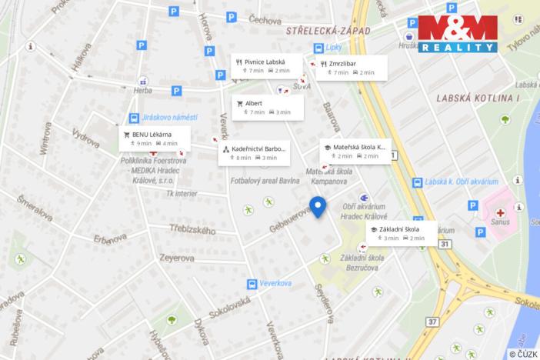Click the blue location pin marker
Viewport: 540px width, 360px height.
[318, 206]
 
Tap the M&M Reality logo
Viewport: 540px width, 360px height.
[458, 34]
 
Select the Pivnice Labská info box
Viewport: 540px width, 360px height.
[262, 66]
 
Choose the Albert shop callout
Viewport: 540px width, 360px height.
[267, 107]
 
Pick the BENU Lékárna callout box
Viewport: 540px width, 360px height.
[150, 138]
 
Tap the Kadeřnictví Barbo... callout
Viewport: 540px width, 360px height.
[254, 152]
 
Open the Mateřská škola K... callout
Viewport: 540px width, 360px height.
[355, 151]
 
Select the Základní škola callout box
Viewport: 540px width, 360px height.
[401, 233]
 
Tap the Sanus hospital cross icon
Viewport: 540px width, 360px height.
[500, 212]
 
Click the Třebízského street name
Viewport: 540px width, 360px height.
[192, 229]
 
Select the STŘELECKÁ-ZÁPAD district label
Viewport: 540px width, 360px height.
[328, 31]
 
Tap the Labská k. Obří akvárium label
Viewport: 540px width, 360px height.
[462, 182]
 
